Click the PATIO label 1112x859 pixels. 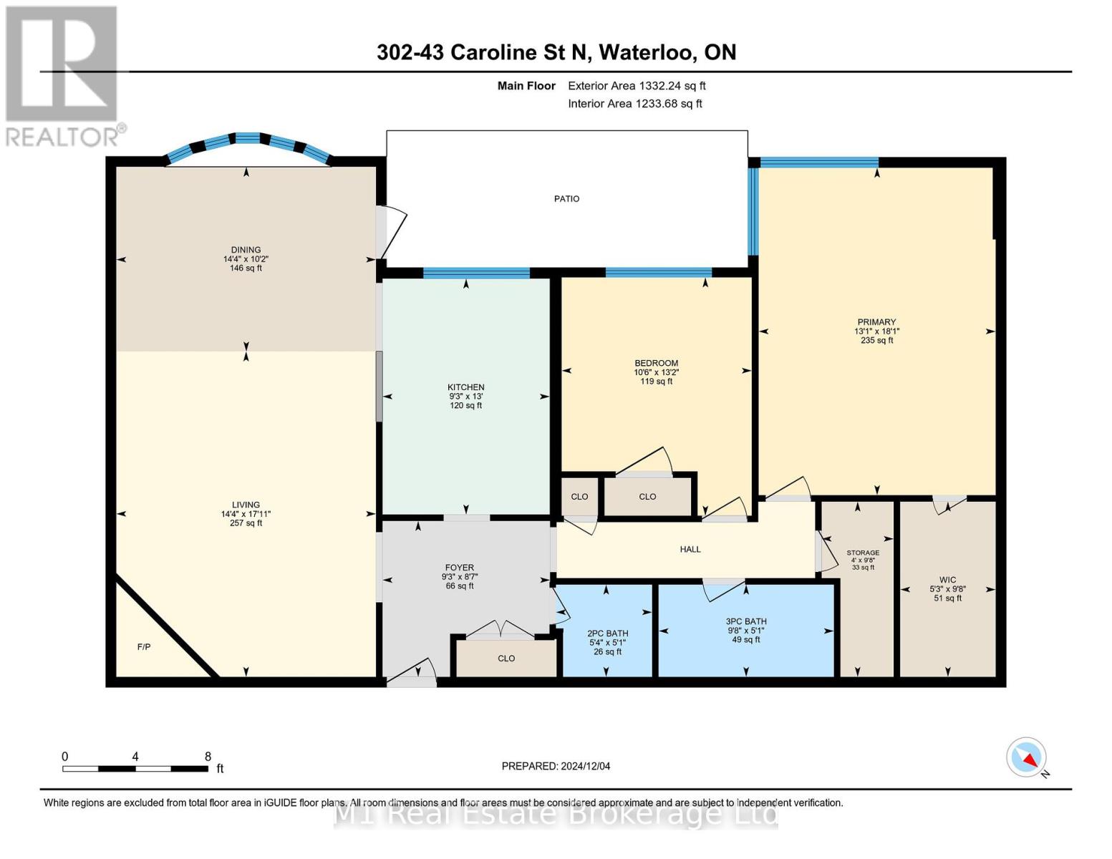point(566,199)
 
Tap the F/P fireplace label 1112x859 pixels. point(144,647)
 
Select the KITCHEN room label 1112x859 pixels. point(465,387)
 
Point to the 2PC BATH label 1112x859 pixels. point(607,634)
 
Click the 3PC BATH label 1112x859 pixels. point(745,622)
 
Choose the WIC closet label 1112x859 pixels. point(947,581)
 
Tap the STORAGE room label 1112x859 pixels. point(863,553)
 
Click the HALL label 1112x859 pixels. point(690,549)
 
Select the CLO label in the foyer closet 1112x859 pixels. point(506,659)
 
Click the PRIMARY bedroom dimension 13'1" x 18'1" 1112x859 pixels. point(876,331)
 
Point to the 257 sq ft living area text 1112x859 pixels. point(246,523)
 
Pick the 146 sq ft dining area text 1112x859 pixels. point(246,268)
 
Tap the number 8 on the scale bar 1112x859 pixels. point(208,757)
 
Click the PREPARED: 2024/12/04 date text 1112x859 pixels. point(556,766)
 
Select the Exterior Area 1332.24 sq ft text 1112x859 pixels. point(637,86)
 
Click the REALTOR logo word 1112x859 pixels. point(63,136)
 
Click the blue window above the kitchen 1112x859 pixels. point(476,273)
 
